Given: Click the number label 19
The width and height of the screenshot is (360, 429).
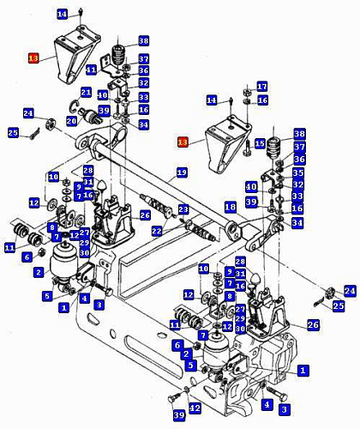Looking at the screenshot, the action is [182, 172].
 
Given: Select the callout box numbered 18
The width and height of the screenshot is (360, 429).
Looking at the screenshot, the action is [231, 207].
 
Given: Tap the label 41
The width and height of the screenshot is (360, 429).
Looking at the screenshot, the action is [92, 69].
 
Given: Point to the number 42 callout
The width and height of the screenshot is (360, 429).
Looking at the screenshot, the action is [195, 408].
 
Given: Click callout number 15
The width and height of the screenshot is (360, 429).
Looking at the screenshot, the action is [260, 143].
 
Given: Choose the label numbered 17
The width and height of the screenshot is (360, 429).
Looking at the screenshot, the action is [262, 87].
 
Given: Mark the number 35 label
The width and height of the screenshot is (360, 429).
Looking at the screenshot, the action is [298, 172].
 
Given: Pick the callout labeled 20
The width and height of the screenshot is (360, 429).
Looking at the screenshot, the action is [71, 121].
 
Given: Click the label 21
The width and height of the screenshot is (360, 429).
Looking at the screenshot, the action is [86, 92].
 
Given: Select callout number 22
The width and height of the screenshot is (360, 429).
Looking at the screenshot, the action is [157, 231].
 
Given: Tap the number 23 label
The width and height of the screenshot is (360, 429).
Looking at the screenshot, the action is [183, 209].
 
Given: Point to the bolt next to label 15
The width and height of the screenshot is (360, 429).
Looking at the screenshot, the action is [247, 148].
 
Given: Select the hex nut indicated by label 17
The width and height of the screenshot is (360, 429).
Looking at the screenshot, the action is [247, 93].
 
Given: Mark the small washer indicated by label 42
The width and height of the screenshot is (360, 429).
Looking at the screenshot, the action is [187, 389].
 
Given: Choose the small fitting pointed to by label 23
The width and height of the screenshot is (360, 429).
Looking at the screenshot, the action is [182, 220].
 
